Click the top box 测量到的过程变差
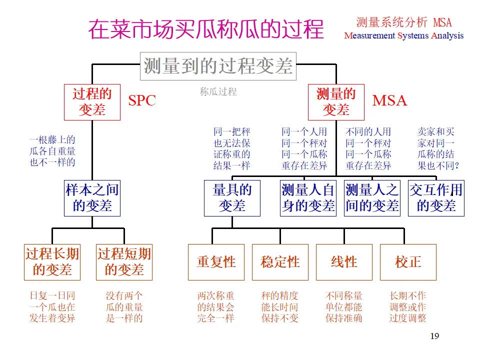218,66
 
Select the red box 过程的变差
92,102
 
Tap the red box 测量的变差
336,102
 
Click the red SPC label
142,100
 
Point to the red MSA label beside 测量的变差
389,100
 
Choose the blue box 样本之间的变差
92,198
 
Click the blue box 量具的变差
232,198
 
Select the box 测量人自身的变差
308,198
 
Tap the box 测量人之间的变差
372,198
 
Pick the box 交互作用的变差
436,198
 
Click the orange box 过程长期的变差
52,262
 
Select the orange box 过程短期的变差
124,262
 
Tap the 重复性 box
216,262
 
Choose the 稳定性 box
280,262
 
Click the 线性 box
344,262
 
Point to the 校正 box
408,262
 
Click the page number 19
434,336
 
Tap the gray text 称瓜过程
218,92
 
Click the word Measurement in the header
370,35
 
